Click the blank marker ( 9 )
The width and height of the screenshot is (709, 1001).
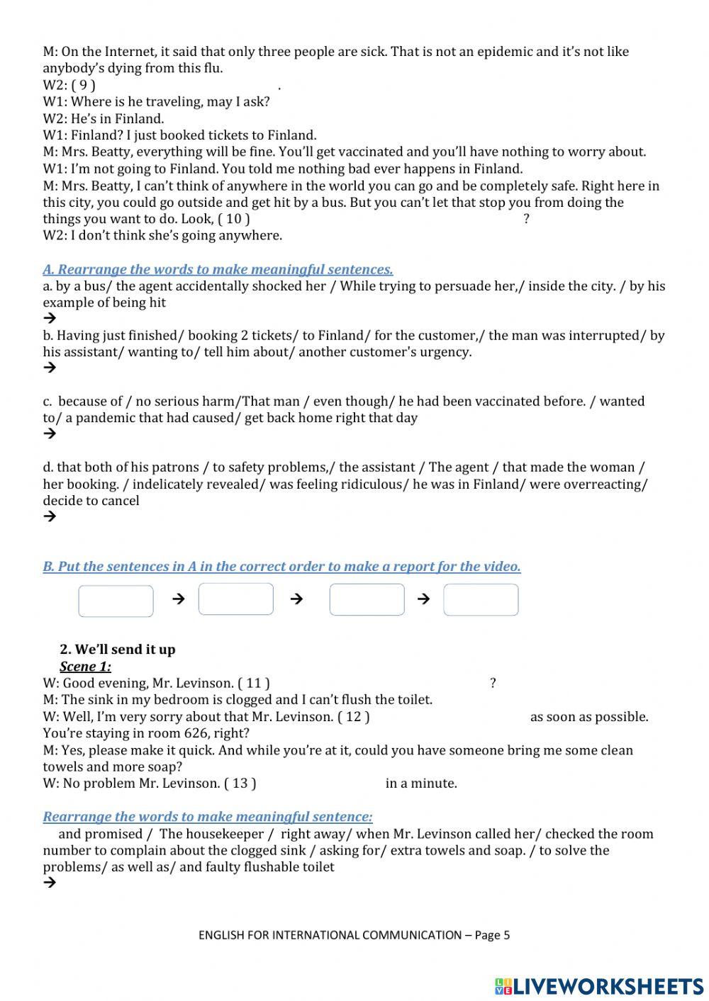(83, 85)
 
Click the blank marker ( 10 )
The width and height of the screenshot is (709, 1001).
(233, 219)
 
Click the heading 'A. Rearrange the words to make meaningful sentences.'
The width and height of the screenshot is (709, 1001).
(218, 270)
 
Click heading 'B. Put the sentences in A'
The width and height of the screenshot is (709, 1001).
(281, 567)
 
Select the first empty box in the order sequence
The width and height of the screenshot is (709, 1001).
(116, 601)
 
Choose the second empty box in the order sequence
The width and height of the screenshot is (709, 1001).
(235, 599)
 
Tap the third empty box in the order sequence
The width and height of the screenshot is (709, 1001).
(367, 600)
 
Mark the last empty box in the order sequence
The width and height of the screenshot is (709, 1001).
(481, 600)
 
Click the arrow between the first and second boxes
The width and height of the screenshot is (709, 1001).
(179, 599)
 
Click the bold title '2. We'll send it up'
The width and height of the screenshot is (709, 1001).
(118, 650)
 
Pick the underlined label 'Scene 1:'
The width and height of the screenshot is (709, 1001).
(85, 667)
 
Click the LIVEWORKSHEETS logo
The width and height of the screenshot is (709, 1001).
(598, 986)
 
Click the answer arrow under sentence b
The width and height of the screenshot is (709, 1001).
(50, 368)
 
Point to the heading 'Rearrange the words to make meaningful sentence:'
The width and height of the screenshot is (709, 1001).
(208, 817)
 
